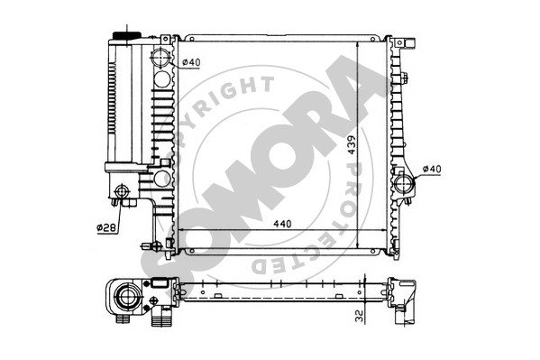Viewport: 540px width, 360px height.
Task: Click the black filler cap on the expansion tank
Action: point(127,35)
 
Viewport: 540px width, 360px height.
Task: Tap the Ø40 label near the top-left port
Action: point(191,62)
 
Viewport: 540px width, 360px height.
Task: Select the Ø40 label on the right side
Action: point(432,169)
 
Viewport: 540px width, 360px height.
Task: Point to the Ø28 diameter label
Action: point(107,227)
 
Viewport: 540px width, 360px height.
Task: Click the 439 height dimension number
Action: point(352,145)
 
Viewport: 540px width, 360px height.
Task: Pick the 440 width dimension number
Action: point(282,224)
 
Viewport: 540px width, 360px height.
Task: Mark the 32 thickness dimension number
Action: point(359,316)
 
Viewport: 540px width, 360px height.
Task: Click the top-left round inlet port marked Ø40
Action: point(160,57)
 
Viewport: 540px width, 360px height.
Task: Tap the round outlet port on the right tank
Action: point(404,184)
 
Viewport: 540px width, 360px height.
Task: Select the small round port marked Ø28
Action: point(122,191)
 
